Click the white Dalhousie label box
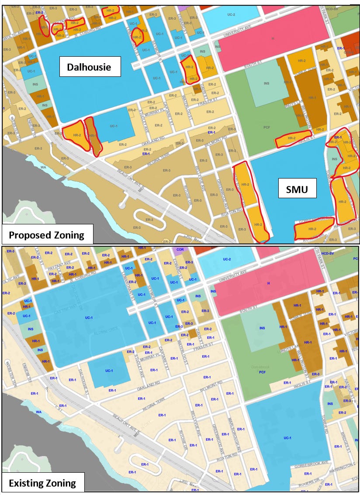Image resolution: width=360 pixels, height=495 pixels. [x=89, y=67]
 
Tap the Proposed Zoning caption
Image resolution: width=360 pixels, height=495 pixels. [x=47, y=235]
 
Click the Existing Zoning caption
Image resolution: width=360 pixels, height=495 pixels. [x=43, y=483]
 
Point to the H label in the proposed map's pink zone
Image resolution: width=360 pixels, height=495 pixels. [x=273, y=39]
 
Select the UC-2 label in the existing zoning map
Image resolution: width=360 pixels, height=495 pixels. [x=226, y=259]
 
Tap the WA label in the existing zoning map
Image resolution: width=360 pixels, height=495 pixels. [x=38, y=412]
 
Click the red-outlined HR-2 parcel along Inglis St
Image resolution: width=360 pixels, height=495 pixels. [x=293, y=139]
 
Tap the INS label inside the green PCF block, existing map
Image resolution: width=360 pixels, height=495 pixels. [x=262, y=328]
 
